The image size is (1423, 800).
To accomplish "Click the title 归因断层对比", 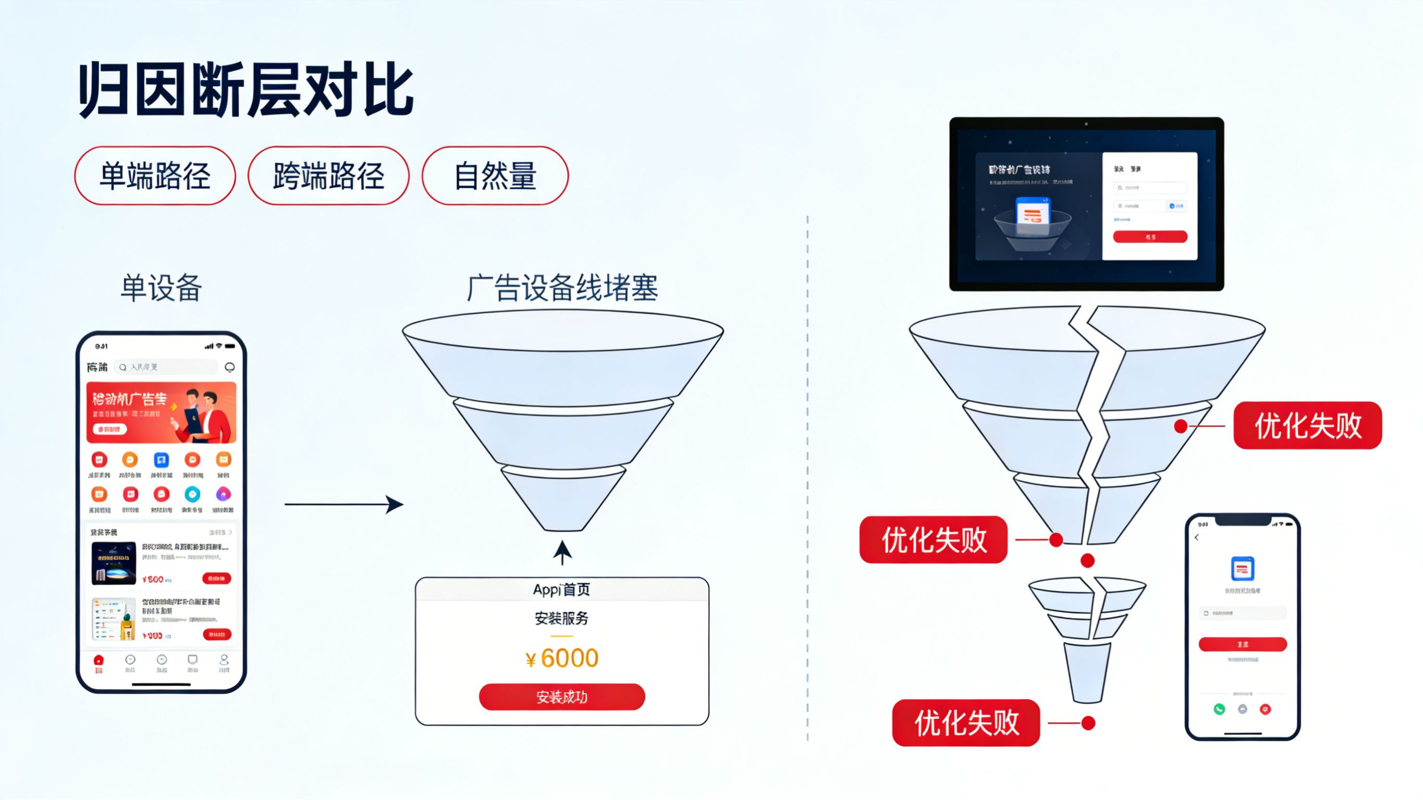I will coord(247,90).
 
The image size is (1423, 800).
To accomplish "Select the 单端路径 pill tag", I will coord(155,176).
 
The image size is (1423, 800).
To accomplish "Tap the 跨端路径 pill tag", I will coord(328,176).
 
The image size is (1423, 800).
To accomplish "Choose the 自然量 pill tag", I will coord(495,176).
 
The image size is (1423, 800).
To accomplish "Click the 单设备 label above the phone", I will coord(161,288).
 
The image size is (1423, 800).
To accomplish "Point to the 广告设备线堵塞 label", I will coord(562,288).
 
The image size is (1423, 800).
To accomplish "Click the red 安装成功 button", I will coord(562,697).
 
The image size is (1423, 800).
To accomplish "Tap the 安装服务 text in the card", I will coord(562,618).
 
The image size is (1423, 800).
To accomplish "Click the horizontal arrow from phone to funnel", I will coord(342,504).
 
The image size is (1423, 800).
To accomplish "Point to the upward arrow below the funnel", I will coord(562,552).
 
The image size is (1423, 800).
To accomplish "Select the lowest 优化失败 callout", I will coord(966,723).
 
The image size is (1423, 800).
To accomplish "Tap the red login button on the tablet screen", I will coord(1150,237).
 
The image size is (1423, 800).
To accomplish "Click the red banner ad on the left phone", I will coord(161,412).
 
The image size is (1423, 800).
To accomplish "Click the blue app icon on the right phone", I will coord(1242,569).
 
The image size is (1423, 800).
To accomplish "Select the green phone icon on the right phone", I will coord(1219,709).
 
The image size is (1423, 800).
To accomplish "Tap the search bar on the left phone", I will coord(166,367).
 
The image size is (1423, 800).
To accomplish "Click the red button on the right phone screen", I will coord(1242,644).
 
